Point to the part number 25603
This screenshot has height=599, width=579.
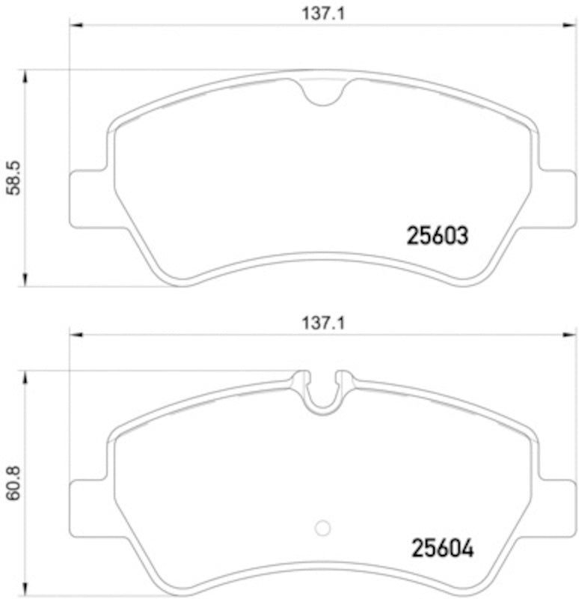point(438,237)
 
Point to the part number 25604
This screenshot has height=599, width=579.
point(443,550)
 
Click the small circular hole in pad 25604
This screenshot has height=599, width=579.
point(323,528)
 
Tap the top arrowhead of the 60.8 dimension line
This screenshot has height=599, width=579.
point(26,377)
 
